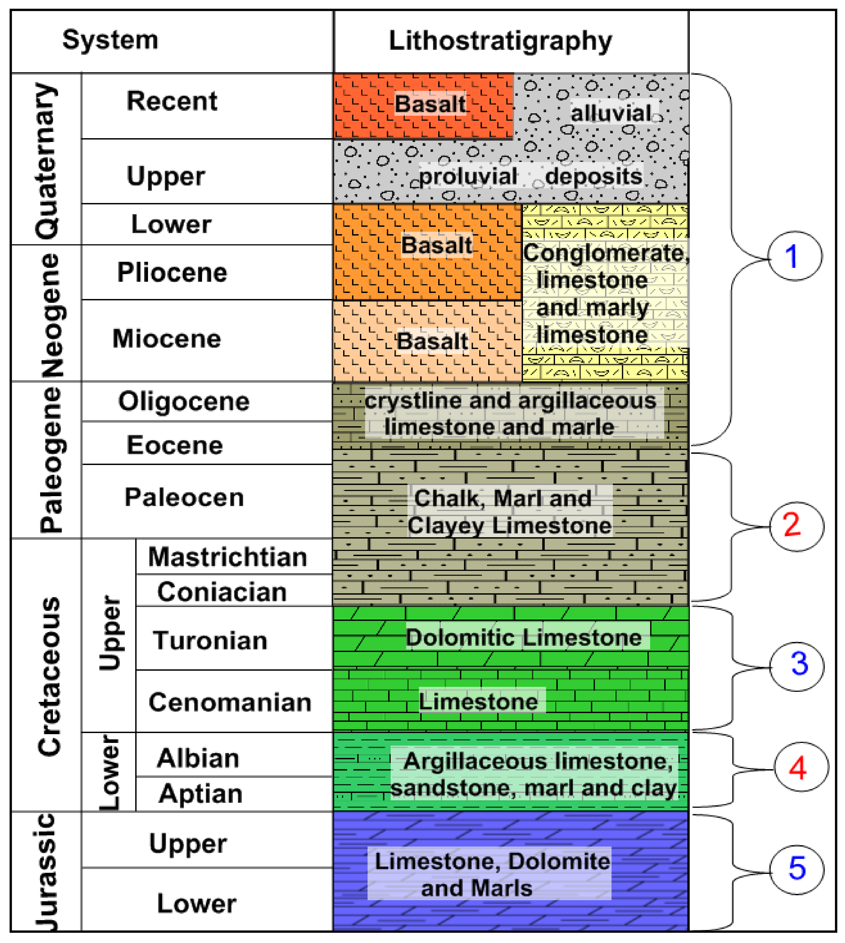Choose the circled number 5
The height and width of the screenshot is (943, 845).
pos(797,868)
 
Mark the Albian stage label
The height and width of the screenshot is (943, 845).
pos(198,759)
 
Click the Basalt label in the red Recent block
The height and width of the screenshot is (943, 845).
pos(430,104)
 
